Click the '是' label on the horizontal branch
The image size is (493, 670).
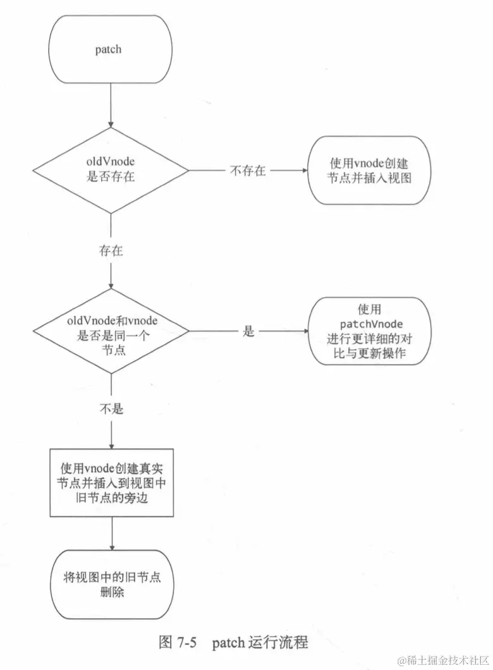pos(248,331)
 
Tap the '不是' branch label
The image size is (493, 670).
pos(111,409)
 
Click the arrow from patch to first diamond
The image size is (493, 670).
pos(111,104)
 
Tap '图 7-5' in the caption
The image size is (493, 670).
pos(178,643)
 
